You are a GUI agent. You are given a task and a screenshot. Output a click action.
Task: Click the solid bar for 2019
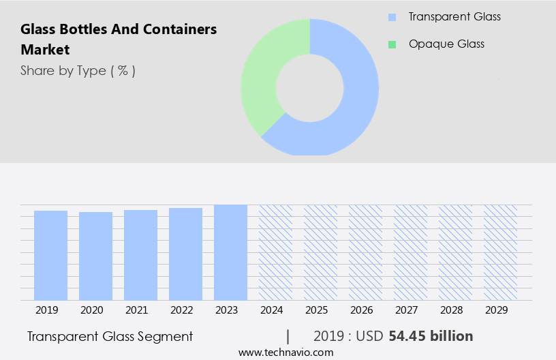pyautogui.click(x=50, y=255)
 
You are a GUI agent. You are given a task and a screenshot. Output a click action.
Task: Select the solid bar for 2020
pyautogui.click(x=95, y=256)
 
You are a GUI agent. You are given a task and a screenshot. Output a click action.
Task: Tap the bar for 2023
pyautogui.click(x=230, y=252)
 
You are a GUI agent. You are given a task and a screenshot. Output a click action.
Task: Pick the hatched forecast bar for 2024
pyautogui.click(x=275, y=252)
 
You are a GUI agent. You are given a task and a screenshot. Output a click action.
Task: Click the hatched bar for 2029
pyautogui.click(x=500, y=252)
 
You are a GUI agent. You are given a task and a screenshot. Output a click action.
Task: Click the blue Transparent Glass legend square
pyautogui.click(x=392, y=17)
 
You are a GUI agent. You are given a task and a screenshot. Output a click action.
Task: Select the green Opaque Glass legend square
pyautogui.click(x=392, y=44)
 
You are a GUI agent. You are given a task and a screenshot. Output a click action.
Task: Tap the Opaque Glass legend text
pyautogui.click(x=446, y=44)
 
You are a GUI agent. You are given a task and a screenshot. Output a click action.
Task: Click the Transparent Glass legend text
pyautogui.click(x=454, y=17)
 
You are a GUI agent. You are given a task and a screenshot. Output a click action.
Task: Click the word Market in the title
pyautogui.click(x=45, y=50)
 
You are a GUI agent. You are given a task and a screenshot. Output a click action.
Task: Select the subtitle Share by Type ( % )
pyautogui.click(x=78, y=70)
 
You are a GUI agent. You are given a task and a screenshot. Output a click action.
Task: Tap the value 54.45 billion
pyautogui.click(x=431, y=336)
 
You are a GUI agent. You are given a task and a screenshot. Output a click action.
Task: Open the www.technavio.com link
pyautogui.click(x=285, y=352)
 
